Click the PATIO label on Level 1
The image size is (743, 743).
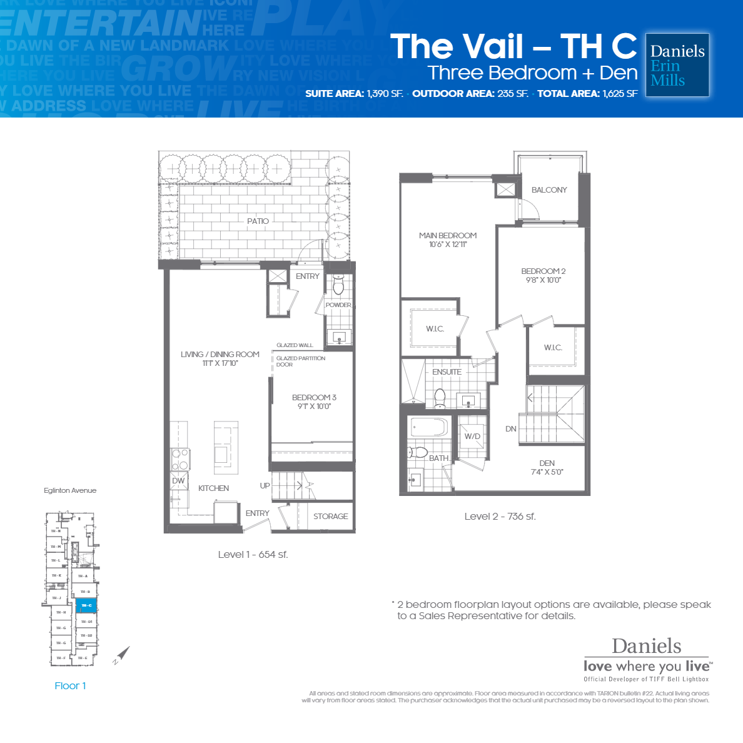pyautogui.click(x=258, y=221)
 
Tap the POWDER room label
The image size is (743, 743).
pyautogui.click(x=338, y=305)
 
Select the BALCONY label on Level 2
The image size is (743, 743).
pyautogui.click(x=549, y=190)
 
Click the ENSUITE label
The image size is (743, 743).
pyautogui.click(x=447, y=372)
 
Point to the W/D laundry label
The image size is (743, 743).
pyautogui.click(x=472, y=437)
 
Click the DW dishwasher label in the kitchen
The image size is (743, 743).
pyautogui.click(x=179, y=481)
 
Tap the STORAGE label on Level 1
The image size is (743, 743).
pyautogui.click(x=330, y=517)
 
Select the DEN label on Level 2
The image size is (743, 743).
pyautogui.click(x=547, y=463)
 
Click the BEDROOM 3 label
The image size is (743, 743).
pyautogui.click(x=314, y=398)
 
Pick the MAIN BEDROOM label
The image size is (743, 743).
pyautogui.click(x=448, y=236)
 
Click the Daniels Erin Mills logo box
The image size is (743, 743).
pyautogui.click(x=677, y=65)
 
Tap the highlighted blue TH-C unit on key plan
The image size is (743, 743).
pyautogui.click(x=86, y=605)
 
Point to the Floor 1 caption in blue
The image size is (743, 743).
pyautogui.click(x=70, y=686)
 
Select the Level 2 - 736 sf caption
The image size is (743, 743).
pyautogui.click(x=500, y=517)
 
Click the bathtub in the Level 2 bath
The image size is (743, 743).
pyautogui.click(x=428, y=427)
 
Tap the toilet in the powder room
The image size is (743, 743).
pyautogui.click(x=338, y=286)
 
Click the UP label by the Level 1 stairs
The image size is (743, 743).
pyautogui.click(x=265, y=486)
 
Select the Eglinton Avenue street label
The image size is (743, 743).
pyautogui.click(x=70, y=491)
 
